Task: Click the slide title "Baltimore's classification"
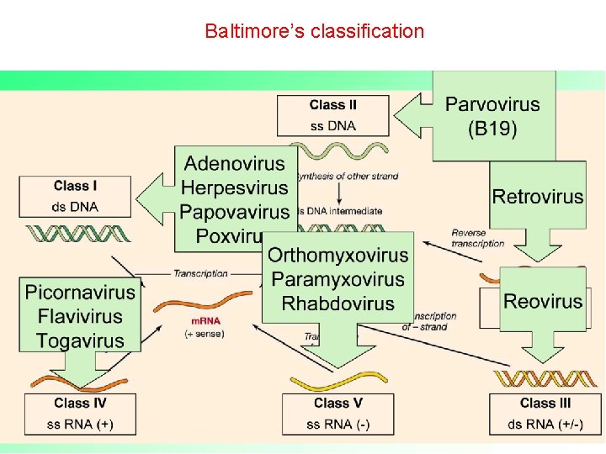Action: coord(314,32)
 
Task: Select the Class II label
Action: coord(333,105)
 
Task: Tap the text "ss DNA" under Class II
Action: coord(333,126)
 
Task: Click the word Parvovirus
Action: coord(492,105)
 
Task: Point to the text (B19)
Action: coord(492,129)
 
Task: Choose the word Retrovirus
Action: coord(538,197)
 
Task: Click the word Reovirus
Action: coord(543,301)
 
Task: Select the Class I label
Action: coord(76,186)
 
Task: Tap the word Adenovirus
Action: coord(235,163)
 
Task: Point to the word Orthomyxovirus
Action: coord(338,255)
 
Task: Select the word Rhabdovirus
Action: coord(338,303)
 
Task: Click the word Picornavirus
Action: coord(80,293)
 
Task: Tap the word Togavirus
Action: coord(80,340)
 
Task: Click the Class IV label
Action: coord(81,404)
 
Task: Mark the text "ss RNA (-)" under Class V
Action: coord(338,424)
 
